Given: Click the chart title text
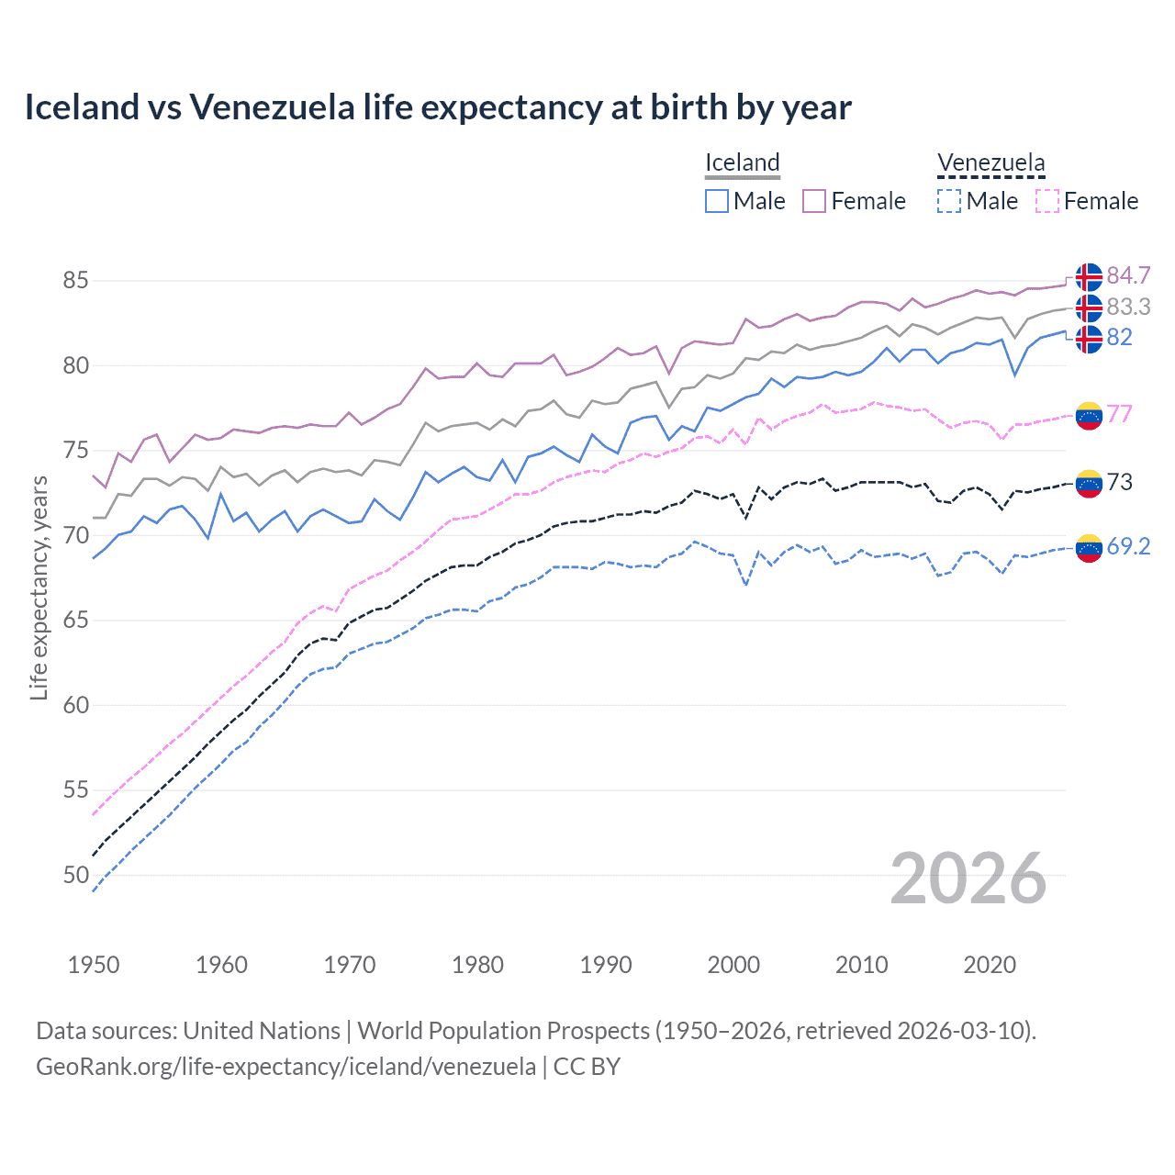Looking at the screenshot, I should coord(438,107).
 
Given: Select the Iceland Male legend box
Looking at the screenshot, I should coord(717,201).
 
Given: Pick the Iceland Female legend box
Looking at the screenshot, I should coord(814,201).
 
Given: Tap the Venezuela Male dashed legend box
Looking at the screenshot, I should coord(949,201).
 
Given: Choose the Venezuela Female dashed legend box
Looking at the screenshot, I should coord(1047,201).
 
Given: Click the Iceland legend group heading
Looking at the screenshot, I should coord(743,162).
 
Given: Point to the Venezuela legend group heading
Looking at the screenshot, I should coord(990,162).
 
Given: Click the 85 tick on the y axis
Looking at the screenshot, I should coord(76,280).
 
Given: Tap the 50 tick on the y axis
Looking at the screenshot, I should coord(76,875).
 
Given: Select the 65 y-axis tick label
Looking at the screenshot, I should coord(76,621).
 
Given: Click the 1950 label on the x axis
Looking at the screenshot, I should coord(94,965).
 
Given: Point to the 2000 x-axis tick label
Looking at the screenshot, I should coord(733,965).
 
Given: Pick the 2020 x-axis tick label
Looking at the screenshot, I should coord(990,965).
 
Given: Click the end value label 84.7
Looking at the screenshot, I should coord(1128,275).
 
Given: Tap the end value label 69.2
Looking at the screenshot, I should coord(1128,546).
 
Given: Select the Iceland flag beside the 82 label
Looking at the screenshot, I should coord(1089,339).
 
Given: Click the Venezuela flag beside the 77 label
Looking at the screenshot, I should coord(1089,415).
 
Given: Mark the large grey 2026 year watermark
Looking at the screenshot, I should coord(968,878).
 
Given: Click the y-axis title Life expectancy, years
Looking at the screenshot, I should coord(39,587).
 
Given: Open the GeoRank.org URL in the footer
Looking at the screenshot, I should coord(285,1067).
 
